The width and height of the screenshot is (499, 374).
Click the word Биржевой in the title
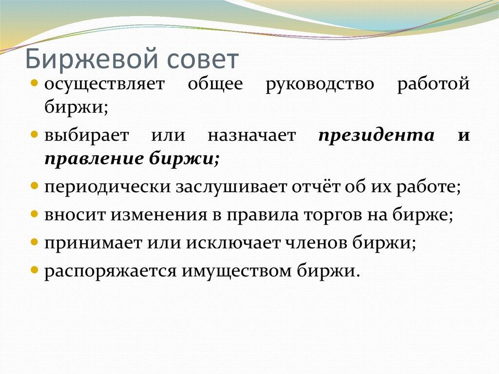(x=90, y=59)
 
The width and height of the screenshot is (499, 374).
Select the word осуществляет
(x=105, y=84)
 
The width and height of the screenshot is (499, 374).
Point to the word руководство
(x=320, y=84)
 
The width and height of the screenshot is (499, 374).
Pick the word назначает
(x=251, y=135)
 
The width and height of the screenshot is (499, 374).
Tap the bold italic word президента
(x=376, y=135)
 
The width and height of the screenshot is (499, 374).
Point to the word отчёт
(x=319, y=186)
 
